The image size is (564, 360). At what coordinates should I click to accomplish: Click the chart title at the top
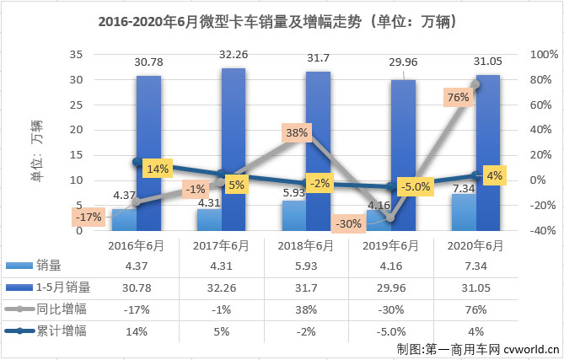click(x=281, y=21)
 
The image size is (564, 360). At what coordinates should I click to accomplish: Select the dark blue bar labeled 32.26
click(x=234, y=152)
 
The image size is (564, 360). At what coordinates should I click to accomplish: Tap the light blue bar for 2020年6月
click(x=464, y=212)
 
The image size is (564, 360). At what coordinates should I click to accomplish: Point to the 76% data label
click(x=458, y=98)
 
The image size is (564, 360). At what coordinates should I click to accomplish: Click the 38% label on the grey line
click(x=297, y=132)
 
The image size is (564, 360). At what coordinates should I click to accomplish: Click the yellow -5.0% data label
click(x=415, y=187)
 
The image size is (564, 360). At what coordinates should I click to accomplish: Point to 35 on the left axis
click(x=76, y=55)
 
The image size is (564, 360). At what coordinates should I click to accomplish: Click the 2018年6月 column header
click(x=306, y=245)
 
